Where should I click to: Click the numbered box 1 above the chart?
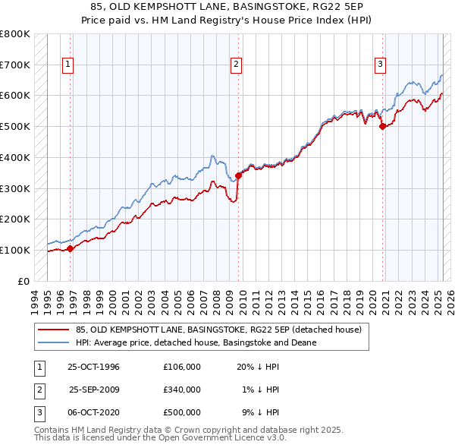click(x=68, y=65)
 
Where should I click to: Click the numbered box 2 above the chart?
click(x=237, y=65)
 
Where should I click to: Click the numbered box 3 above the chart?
click(x=379, y=65)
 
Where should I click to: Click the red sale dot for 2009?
click(x=238, y=175)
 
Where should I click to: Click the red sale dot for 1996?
click(x=71, y=248)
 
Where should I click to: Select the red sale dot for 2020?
click(x=382, y=126)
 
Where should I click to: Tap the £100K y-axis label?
click(x=15, y=250)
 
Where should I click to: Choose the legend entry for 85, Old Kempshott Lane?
click(x=219, y=330)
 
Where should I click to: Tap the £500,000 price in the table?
click(x=182, y=412)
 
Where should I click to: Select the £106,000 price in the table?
click(x=182, y=367)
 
